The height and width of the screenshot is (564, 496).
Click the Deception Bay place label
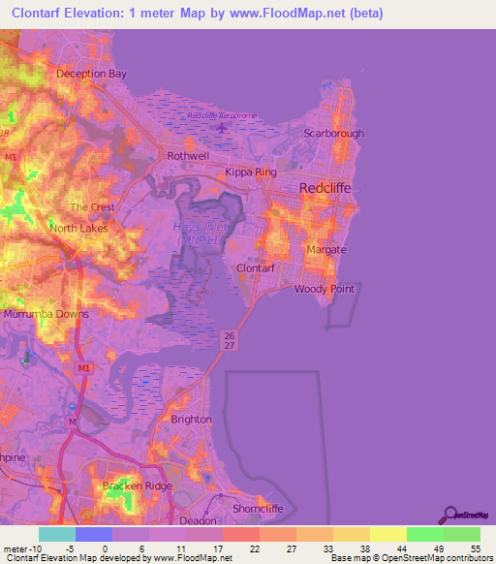click(92, 74)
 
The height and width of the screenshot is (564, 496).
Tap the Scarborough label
click(333, 134)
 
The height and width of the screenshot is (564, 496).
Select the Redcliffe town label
click(325, 189)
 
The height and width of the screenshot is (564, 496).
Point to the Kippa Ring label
click(251, 172)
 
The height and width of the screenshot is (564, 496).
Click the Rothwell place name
click(188, 155)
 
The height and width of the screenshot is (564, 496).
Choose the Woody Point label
click(324, 289)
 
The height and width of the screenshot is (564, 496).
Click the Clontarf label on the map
click(257, 268)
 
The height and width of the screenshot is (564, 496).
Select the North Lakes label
click(78, 229)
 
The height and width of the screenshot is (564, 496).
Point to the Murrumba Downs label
click(46, 315)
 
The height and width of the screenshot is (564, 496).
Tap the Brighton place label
click(191, 420)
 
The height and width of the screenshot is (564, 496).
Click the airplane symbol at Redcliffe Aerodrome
click(224, 126)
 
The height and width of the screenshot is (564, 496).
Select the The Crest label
click(92, 207)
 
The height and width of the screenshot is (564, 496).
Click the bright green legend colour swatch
click(424, 534)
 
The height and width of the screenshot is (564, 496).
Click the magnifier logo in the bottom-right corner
click(451, 515)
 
